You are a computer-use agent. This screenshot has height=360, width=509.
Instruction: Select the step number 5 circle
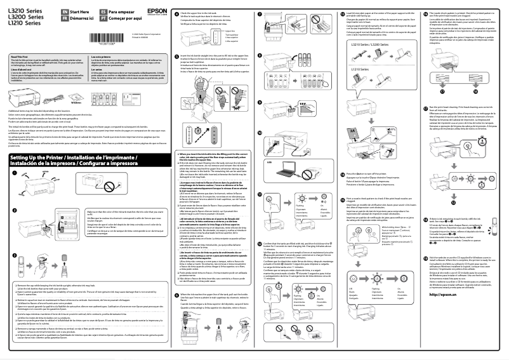click(176, 56)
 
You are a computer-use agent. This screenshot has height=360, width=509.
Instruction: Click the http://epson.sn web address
click(445, 312)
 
